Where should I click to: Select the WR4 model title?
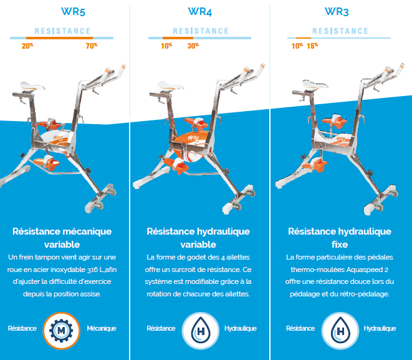pos(200,11)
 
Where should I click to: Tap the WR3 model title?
pos(340,11)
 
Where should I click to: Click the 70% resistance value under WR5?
pos(92,46)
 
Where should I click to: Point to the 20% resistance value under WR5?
pos(27,46)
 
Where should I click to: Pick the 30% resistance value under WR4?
pos(193,46)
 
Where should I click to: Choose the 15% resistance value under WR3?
pos(312,46)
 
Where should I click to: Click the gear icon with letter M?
pos(62,328)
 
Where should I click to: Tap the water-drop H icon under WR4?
pos(200,328)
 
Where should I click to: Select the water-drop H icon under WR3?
pos(340,328)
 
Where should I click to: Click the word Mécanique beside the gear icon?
pos(101,328)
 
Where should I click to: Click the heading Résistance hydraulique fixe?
pos(340,238)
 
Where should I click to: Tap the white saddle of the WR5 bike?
pos(34,85)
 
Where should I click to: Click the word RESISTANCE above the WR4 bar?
pos(201,31)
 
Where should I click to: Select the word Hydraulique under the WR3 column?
pos(380,328)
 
